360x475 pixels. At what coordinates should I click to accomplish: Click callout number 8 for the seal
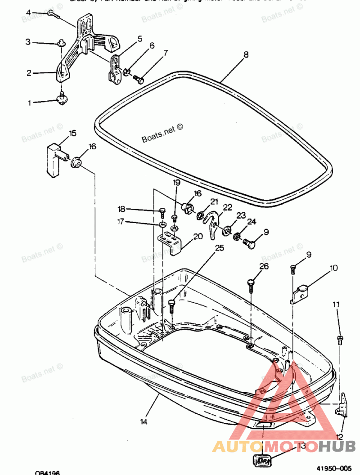pyautogui.click(x=246, y=55)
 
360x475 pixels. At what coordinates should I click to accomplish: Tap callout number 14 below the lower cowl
pyautogui.click(x=144, y=422)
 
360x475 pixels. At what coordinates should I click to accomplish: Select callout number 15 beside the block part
pyautogui.click(x=72, y=133)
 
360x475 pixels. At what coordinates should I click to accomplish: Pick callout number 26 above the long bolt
pyautogui.click(x=264, y=267)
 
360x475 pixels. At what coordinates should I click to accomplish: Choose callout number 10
pyautogui.click(x=333, y=269)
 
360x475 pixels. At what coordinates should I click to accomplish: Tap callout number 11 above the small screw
pyautogui.click(x=336, y=305)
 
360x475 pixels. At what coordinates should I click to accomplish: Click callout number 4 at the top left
pyautogui.click(x=28, y=13)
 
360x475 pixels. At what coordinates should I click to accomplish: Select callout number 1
pyautogui.click(x=30, y=103)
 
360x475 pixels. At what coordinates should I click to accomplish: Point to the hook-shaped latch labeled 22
pyautogui.click(x=212, y=224)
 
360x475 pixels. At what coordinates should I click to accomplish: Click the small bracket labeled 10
pyautogui.click(x=301, y=294)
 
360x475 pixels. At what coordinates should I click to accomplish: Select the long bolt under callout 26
pyautogui.click(x=251, y=290)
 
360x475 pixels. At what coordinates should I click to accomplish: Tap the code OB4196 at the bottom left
pyautogui.click(x=47, y=472)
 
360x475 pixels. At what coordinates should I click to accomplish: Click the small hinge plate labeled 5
pyautogui.click(x=115, y=68)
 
